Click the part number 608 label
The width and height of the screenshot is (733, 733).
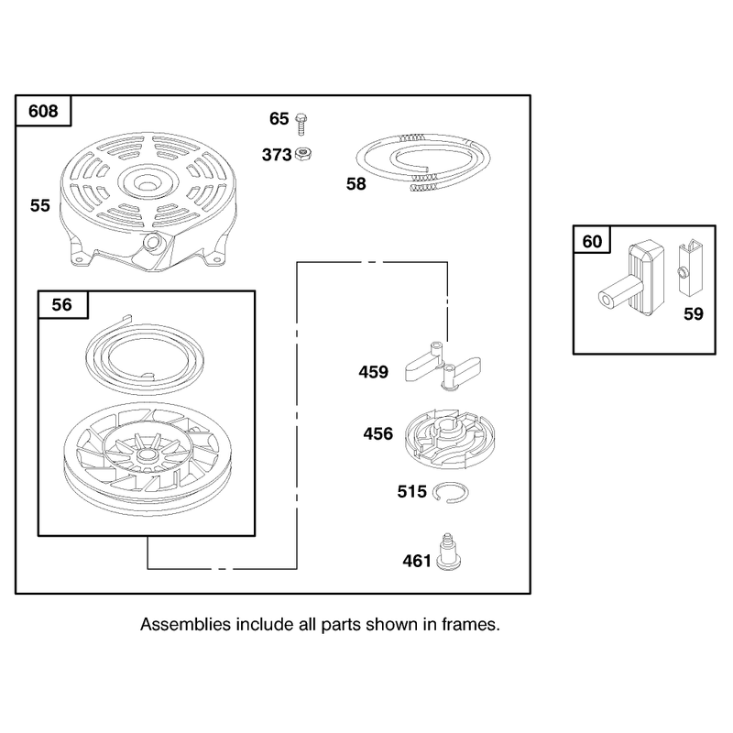(43, 111)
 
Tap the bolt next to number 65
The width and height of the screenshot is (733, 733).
(301, 124)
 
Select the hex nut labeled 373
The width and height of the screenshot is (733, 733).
(304, 153)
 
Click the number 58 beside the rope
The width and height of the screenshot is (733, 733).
(356, 184)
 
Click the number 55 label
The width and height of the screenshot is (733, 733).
(39, 205)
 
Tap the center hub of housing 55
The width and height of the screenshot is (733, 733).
(148, 181)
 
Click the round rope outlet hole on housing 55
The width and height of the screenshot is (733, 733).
(151, 241)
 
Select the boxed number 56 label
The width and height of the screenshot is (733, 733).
(61, 305)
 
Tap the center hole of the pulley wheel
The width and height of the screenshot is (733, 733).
(148, 454)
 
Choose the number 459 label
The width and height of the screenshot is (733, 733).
(373, 372)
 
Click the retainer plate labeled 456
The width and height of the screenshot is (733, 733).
(449, 439)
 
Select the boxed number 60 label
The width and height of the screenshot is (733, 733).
(592, 242)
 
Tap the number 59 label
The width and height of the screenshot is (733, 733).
(694, 313)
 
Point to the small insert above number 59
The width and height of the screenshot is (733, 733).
(691, 268)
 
